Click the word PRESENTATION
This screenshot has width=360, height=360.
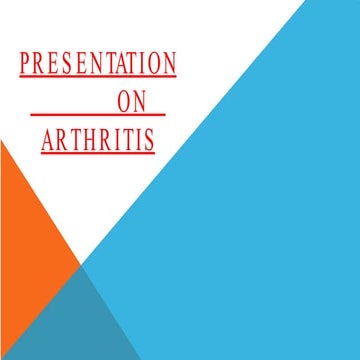[x=98, y=65]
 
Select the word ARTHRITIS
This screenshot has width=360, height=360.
[x=98, y=141]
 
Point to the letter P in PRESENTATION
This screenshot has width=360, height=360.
[x=26, y=65]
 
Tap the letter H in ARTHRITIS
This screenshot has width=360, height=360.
[x=85, y=141]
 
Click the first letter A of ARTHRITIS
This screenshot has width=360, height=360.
[x=48, y=141]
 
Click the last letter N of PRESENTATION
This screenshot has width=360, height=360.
[x=170, y=65]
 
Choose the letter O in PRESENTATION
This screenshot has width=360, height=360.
[x=156, y=65]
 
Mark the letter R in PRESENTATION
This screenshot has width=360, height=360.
[x=40, y=65]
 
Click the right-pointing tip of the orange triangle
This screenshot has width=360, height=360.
[x=78, y=265]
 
